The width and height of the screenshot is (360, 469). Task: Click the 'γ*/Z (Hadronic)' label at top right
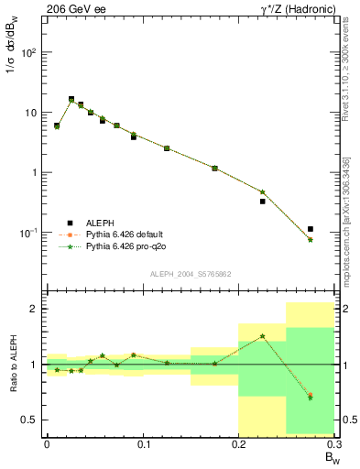point(288,8)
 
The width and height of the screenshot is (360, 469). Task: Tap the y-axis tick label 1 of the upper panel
point(35,172)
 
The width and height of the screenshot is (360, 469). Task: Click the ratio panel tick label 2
point(35,309)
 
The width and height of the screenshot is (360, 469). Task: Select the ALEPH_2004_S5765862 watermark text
point(190,274)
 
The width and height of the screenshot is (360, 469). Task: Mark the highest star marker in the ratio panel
point(263,336)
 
